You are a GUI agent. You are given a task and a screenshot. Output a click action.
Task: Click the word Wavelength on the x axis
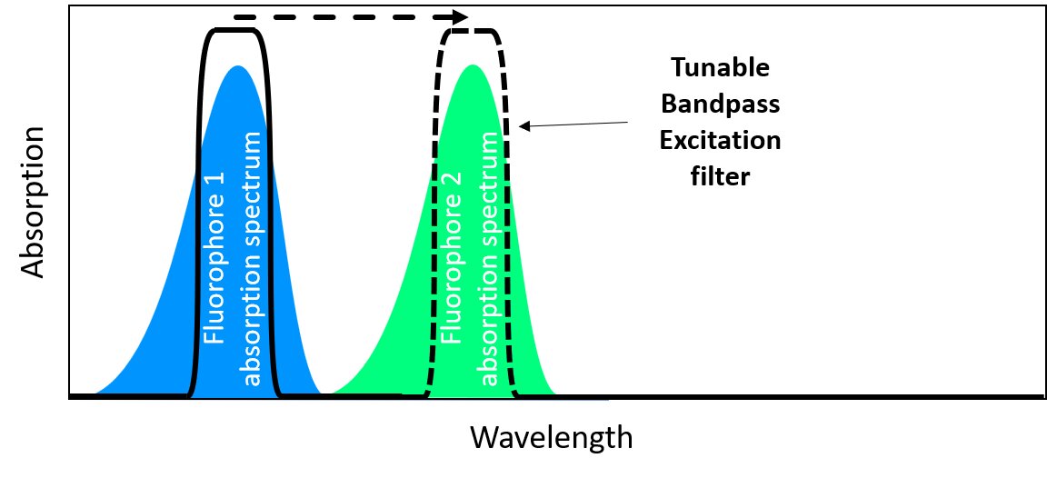pos(551,438)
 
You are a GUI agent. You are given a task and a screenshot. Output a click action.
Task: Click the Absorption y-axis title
pos(32,202)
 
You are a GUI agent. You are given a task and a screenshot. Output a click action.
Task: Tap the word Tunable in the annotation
pos(719,68)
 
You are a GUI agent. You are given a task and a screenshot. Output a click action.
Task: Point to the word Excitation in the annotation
pos(719,140)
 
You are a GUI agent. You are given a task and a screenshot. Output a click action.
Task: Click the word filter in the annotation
pos(719,175)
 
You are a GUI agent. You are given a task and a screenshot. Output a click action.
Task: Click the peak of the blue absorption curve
pos(238,67)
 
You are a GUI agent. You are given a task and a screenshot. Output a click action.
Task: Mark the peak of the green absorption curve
pos(472,66)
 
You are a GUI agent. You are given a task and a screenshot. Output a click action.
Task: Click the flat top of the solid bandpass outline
pos(235,30)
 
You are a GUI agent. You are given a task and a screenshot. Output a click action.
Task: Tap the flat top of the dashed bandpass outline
pos(471,31)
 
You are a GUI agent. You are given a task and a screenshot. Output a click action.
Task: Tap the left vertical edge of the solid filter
pos(199,218)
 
